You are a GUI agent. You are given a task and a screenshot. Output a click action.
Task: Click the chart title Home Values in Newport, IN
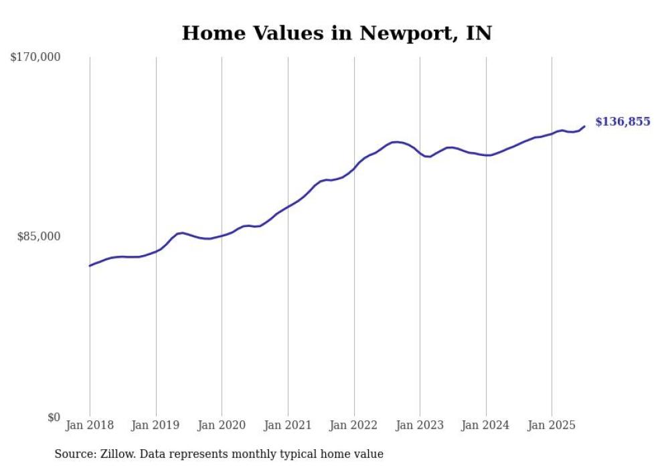[x=337, y=33]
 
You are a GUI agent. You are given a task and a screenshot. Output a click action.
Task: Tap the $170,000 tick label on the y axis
[x=35, y=58]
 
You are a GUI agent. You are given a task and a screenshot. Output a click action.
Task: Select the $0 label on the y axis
[x=54, y=417]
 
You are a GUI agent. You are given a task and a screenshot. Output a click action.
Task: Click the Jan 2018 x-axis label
[x=90, y=425]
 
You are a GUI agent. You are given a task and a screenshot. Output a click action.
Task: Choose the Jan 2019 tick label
[x=156, y=425]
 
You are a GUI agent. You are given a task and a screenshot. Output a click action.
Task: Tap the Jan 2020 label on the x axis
[x=222, y=425]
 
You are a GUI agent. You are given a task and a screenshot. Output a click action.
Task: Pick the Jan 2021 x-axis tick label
[x=288, y=425]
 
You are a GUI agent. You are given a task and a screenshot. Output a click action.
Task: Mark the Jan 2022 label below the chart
[x=354, y=425]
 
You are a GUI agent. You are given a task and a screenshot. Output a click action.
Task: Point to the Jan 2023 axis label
[x=420, y=425]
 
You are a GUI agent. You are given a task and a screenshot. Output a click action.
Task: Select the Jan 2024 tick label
[x=486, y=425]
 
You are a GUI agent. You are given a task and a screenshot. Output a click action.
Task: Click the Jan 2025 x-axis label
[x=552, y=425]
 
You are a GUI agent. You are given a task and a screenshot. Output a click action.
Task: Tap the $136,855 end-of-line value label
[x=623, y=122]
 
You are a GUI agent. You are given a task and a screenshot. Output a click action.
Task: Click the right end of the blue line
[x=584, y=126]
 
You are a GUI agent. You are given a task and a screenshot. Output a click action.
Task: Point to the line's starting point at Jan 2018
[x=90, y=266]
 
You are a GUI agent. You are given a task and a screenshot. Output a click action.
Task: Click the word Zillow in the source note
[x=118, y=454]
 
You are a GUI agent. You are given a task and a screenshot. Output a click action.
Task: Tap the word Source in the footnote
[x=74, y=454]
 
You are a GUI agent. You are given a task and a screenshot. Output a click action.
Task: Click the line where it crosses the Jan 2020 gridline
[x=222, y=236]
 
